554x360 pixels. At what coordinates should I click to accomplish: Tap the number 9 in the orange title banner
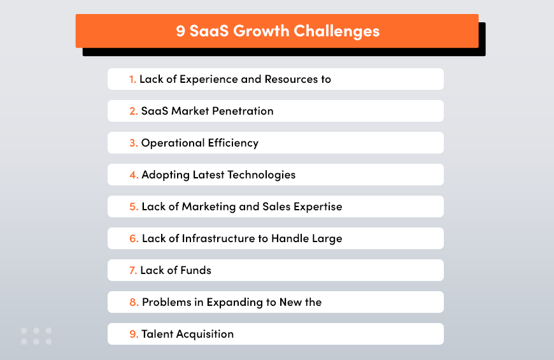click(x=181, y=31)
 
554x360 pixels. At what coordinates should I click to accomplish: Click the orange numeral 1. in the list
click(x=132, y=79)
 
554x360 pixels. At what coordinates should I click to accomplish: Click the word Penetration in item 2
click(x=243, y=111)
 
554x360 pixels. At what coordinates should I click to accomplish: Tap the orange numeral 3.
click(x=133, y=143)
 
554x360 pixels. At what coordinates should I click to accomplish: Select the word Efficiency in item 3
click(x=233, y=143)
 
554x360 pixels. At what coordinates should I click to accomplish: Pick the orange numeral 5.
click(x=134, y=206)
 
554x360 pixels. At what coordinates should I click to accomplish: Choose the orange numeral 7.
click(x=132, y=270)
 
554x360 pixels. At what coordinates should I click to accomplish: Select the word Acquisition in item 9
click(x=204, y=334)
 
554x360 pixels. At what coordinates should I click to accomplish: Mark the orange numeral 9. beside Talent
click(x=133, y=334)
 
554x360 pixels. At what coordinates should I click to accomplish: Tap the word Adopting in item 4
click(x=166, y=175)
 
